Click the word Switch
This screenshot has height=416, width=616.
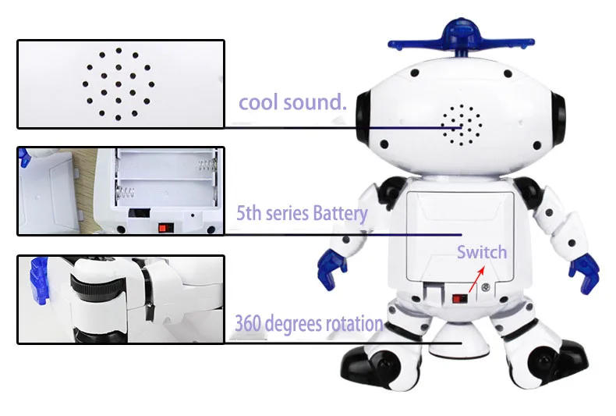point(482,252)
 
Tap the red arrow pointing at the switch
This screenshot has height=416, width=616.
point(476,279)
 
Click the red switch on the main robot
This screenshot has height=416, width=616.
point(459,298)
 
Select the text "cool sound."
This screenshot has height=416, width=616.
point(292,102)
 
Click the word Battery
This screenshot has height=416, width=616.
point(340,214)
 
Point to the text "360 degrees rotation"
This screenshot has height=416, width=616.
point(309,324)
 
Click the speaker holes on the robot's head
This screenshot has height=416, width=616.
point(461,125)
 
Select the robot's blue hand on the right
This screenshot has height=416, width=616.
point(584,273)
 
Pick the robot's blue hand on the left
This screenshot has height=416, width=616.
point(332,269)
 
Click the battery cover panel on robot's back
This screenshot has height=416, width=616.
point(460,236)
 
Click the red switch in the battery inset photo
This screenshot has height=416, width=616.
point(166,228)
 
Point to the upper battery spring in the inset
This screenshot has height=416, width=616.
point(207,165)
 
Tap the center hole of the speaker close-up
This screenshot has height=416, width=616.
point(119,84)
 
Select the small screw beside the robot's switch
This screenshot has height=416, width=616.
point(486,287)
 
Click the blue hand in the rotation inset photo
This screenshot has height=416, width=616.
point(39,280)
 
